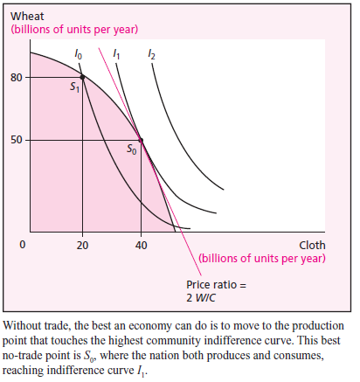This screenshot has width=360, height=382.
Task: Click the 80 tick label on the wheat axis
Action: point(16,78)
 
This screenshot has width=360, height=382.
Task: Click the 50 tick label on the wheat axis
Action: point(16,140)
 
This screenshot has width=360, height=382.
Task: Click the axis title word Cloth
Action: point(313,245)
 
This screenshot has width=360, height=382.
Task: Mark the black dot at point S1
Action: point(82,78)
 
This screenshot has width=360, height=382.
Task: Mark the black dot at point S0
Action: point(142,140)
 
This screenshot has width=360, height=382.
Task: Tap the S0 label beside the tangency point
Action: point(131,149)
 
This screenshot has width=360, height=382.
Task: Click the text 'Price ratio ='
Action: point(216,285)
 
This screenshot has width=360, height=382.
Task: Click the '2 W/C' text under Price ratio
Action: point(202,298)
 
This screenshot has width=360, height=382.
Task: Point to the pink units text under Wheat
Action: point(74,30)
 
